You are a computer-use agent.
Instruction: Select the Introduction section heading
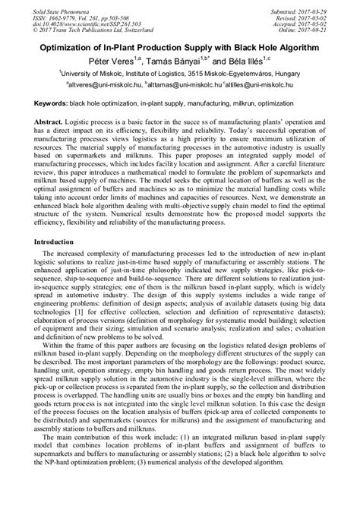pos(63,241)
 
